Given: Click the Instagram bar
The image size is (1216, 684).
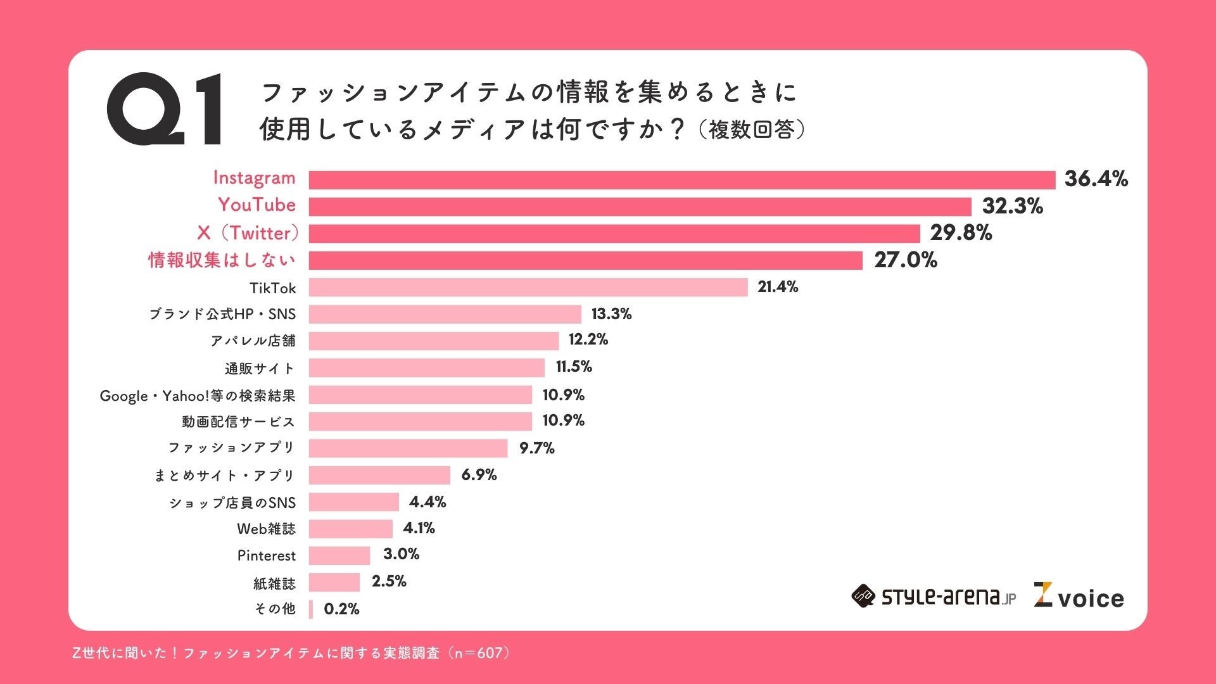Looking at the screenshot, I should pos(681,180).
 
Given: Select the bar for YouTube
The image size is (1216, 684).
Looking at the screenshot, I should pos(640,206).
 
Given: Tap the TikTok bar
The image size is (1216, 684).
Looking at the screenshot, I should pos(528,288).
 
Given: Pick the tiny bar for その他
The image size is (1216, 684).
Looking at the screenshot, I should pos(311,609).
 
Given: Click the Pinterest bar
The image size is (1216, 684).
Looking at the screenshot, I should pos(339,555).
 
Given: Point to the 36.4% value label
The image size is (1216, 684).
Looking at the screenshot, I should pos(1096,179).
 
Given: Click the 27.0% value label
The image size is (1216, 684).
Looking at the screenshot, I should pos(905,260).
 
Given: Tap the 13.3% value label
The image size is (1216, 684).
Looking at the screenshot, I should pos(611,314).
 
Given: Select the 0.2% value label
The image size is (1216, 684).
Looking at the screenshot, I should pos(341,609).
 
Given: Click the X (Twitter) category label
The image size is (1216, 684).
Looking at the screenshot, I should pos(248,233).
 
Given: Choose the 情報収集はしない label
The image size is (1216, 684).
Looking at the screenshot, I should pos(222,260).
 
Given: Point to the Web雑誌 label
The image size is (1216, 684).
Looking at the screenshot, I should pos(266,529).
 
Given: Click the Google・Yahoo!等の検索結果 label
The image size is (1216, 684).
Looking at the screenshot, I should pos(198,396).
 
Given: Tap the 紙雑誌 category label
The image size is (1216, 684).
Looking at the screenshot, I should pos(274,583).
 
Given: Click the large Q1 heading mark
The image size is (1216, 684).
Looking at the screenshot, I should pos(165,109).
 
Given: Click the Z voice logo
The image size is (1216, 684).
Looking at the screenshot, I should pos(1079,597).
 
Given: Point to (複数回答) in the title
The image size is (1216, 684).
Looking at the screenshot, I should pos(752,130).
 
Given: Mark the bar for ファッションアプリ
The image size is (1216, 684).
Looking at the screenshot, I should pos(408,448).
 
